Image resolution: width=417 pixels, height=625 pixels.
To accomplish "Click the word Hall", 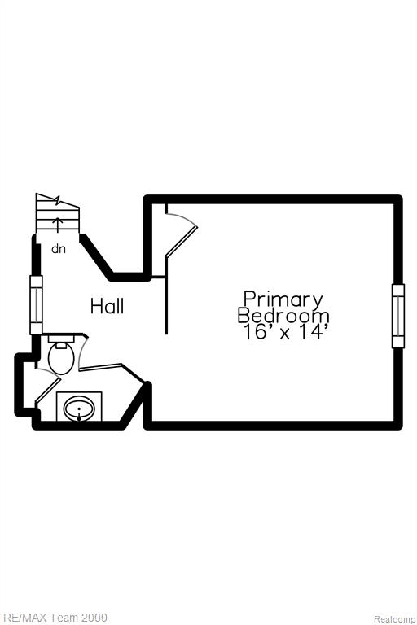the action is (107, 306).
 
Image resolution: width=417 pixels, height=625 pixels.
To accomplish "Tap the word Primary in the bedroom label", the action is (283, 300).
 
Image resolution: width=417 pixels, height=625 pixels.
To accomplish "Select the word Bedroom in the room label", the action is (283, 315).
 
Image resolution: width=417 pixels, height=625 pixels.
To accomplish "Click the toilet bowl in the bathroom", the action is (61, 358).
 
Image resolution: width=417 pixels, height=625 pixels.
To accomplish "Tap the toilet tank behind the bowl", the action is (61, 339).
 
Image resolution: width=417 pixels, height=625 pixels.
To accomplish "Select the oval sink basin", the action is (79, 409).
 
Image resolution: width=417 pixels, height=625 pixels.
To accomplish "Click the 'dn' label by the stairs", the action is (59, 249).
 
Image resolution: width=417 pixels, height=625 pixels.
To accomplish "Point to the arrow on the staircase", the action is (59, 225).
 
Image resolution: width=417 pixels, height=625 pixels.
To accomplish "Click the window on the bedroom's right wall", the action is (398, 316).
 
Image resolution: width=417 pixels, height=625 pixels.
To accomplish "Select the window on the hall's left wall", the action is (36, 305).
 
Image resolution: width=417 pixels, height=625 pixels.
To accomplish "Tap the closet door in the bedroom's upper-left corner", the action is (181, 234).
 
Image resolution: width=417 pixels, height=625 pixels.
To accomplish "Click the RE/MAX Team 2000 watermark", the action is (54, 618).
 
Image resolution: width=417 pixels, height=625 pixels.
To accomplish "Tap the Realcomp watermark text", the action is (395, 619).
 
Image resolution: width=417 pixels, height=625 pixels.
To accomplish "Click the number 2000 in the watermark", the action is (94, 618).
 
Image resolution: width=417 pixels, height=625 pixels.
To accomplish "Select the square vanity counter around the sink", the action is (79, 406).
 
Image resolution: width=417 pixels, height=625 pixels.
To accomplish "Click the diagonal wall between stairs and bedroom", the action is (97, 257).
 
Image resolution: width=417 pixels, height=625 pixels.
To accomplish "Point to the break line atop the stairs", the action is (58, 199).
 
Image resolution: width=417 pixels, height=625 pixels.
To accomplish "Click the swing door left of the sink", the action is (48, 386).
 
